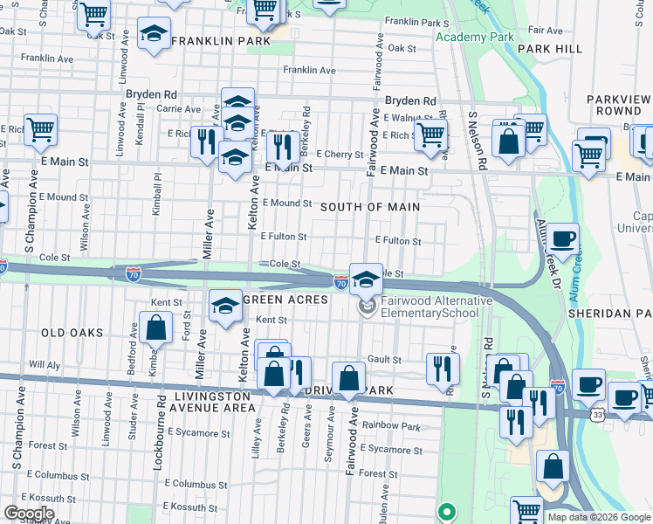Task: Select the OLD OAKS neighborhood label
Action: click(x=72, y=333)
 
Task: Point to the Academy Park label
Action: click(x=474, y=38)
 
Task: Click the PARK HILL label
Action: click(x=549, y=49)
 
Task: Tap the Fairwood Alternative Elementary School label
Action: click(x=436, y=307)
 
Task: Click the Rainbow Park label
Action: click(x=393, y=426)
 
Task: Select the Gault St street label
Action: click(x=384, y=359)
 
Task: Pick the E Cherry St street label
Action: click(x=340, y=155)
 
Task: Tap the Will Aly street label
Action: click(x=43, y=364)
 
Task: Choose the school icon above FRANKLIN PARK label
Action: click(x=155, y=34)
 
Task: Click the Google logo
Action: click(x=29, y=514)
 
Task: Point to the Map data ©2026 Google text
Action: click(x=598, y=517)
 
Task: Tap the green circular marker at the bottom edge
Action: click(x=447, y=513)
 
